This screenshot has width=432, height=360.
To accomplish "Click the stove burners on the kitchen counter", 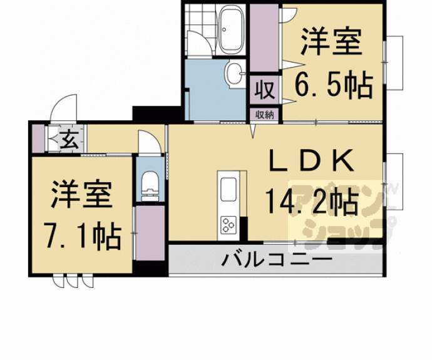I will point(227,224).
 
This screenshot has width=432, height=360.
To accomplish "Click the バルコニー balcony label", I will point(275,259).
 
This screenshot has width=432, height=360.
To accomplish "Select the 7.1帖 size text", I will point(82,235).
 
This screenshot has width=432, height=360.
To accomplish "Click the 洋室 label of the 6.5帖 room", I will point(331,43).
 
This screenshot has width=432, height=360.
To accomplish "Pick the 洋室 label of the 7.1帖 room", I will point(82,195).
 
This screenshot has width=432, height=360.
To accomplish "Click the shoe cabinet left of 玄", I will point(39,138).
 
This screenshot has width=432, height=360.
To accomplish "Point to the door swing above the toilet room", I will point(148,141).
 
